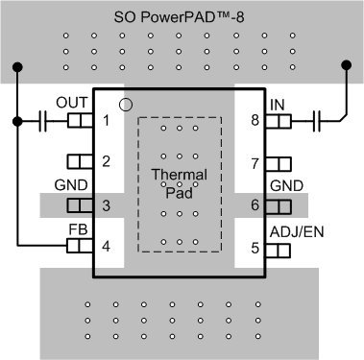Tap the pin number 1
pos(107,121)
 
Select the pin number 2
pos(107,162)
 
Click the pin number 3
pos(107,205)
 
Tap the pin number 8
pos(255,121)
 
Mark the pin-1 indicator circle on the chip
pos(124,104)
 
